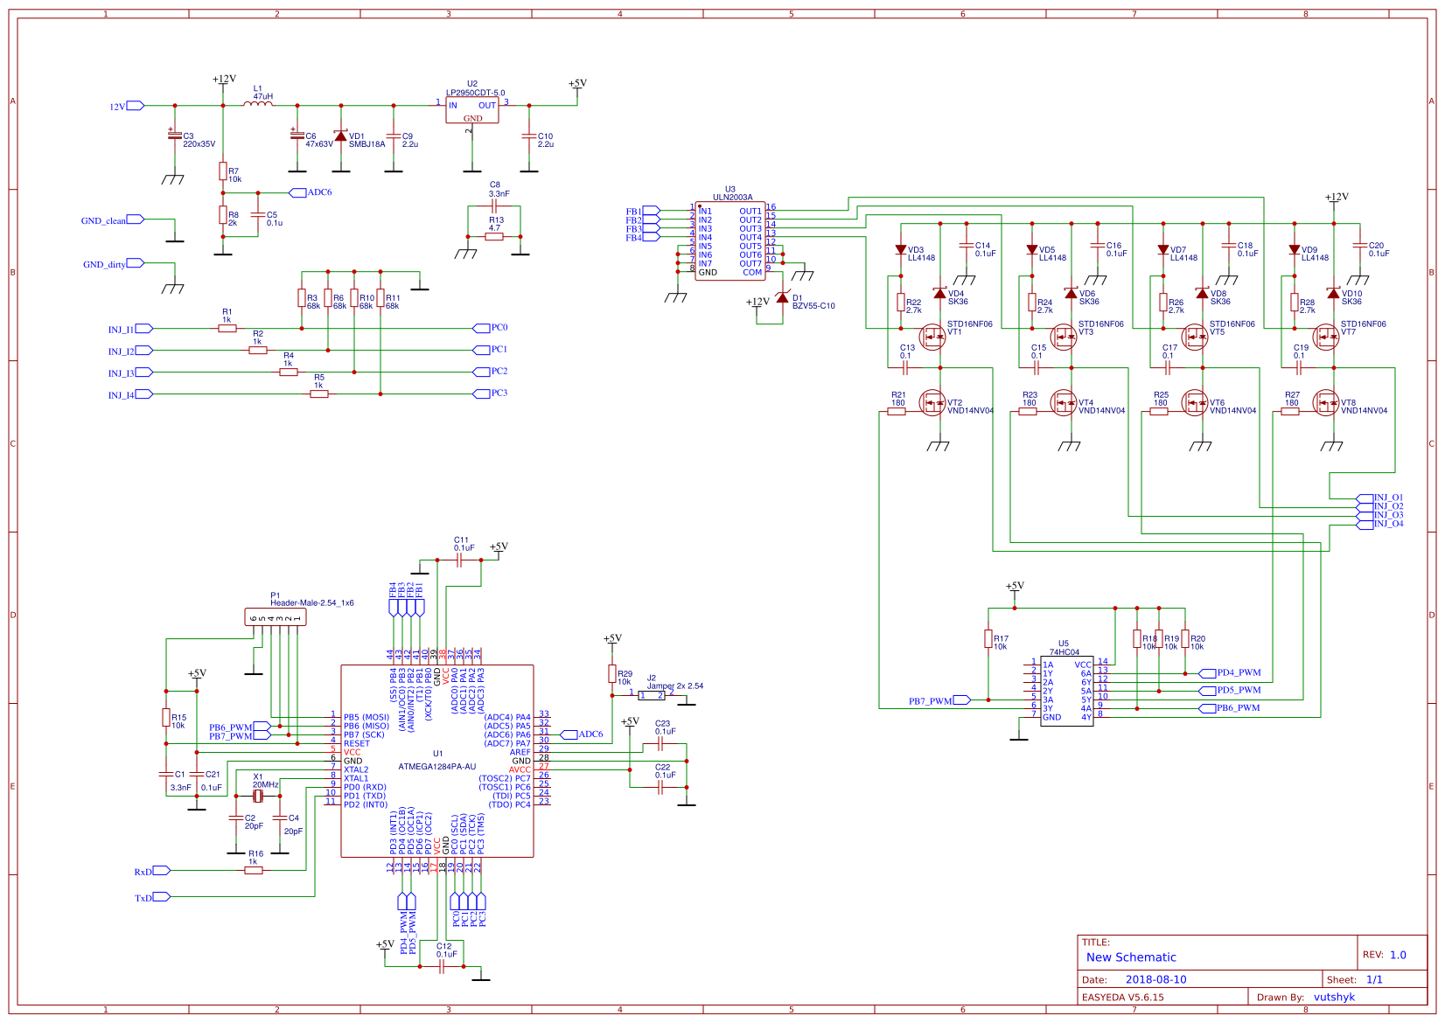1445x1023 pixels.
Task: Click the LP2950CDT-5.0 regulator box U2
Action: click(x=471, y=110)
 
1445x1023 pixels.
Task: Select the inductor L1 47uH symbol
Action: click(x=258, y=104)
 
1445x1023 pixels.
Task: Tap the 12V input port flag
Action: click(x=136, y=106)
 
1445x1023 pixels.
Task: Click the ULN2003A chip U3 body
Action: click(x=729, y=241)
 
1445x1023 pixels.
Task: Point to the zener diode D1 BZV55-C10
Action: click(x=782, y=297)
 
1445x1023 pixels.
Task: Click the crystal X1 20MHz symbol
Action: click(x=258, y=796)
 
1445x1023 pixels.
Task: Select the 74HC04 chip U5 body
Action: click(x=1066, y=691)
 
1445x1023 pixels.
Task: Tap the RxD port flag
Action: click(x=162, y=871)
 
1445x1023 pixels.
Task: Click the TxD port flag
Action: click(x=162, y=897)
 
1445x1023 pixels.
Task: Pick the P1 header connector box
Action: click(x=275, y=617)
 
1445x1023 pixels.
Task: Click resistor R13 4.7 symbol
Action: click(x=494, y=236)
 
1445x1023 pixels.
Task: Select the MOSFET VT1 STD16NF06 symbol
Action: click(x=932, y=336)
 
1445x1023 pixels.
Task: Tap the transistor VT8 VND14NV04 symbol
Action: click(x=1325, y=403)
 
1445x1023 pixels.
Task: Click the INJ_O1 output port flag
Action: click(x=1365, y=498)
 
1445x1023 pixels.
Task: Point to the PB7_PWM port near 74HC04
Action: click(x=961, y=700)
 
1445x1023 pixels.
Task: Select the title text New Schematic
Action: click(x=1131, y=957)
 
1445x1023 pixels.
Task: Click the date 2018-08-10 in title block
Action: click(x=1155, y=979)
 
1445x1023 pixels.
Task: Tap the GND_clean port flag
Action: click(x=135, y=219)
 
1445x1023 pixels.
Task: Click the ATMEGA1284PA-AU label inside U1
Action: click(x=437, y=767)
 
